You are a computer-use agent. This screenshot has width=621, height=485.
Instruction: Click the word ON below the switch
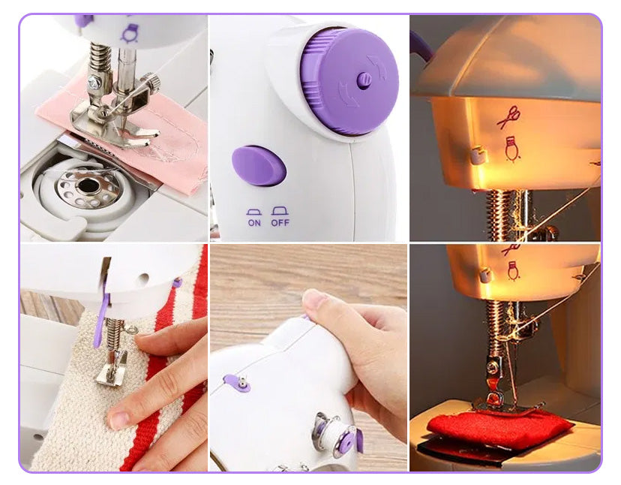tap(254, 223)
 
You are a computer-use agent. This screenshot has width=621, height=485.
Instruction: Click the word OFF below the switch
tap(280, 223)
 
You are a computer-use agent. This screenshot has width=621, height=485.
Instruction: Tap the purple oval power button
tap(259, 165)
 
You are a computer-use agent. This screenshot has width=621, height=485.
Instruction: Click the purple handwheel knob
tap(349, 81)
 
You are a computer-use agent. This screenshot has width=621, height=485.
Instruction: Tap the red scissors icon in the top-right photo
tap(509, 117)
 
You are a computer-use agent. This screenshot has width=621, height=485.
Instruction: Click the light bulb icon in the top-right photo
tap(512, 149)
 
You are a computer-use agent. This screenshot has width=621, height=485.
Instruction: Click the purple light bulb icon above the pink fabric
tap(130, 33)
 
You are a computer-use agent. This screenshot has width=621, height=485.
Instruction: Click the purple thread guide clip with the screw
tap(237, 383)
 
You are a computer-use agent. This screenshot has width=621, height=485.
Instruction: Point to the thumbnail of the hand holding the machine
tap(308, 357)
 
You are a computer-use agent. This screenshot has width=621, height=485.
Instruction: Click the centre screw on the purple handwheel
tap(364, 80)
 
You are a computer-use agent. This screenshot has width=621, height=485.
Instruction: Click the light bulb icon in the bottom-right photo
tap(513, 271)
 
